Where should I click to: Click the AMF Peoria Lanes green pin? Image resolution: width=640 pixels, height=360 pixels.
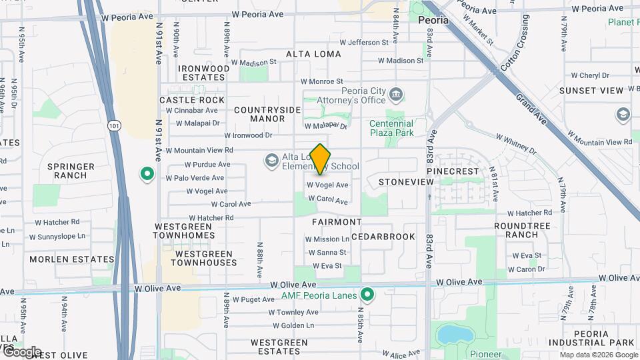pyautogui.click(x=367, y=294)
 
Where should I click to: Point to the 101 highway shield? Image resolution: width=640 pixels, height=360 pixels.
pyautogui.click(x=113, y=124)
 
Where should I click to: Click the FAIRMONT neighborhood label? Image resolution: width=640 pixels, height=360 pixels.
pyautogui.click(x=337, y=221)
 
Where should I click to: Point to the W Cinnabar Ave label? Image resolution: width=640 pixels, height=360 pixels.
pyautogui.click(x=192, y=111)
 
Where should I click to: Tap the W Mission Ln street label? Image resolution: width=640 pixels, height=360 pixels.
pyautogui.click(x=327, y=239)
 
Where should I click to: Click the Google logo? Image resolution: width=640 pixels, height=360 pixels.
pyautogui.click(x=21, y=351)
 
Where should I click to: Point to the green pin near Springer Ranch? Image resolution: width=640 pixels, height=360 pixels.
pyautogui.click(x=147, y=175)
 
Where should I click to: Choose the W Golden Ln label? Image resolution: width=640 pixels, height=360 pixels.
pyautogui.click(x=293, y=325)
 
